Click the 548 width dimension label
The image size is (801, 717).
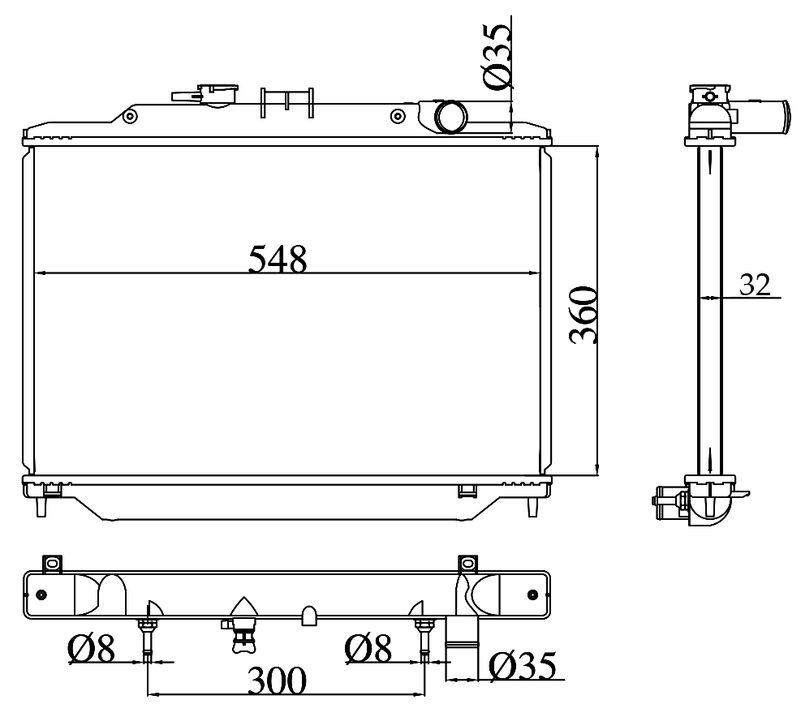pos(278,259)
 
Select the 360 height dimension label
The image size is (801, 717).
pos(584,315)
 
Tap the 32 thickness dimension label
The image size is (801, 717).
pos(755,285)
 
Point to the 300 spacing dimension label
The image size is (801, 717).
pos(277,681)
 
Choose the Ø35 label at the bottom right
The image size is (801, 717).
pos(522,666)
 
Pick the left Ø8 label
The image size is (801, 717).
pos(91,649)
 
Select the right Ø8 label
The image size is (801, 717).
pos(368,649)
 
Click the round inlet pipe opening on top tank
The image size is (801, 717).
pos(450,117)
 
